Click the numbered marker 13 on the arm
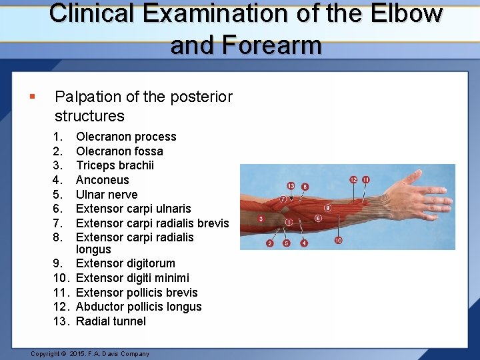click(x=291, y=185)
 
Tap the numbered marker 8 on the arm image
click(x=305, y=187)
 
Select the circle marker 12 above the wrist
click(x=353, y=179)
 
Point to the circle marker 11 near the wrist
click(x=365, y=179)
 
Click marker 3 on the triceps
click(x=261, y=219)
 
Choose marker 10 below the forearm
click(x=338, y=240)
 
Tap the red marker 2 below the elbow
click(x=270, y=243)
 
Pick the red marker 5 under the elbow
click(x=287, y=243)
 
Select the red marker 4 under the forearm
click(x=304, y=243)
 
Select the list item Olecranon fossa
click(x=119, y=151)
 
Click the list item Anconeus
click(x=103, y=180)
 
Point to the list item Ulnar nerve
click(x=107, y=195)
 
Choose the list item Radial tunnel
click(x=111, y=321)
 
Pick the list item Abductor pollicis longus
click(x=139, y=307)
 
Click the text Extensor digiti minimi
click(x=133, y=278)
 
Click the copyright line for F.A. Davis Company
click(x=90, y=353)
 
